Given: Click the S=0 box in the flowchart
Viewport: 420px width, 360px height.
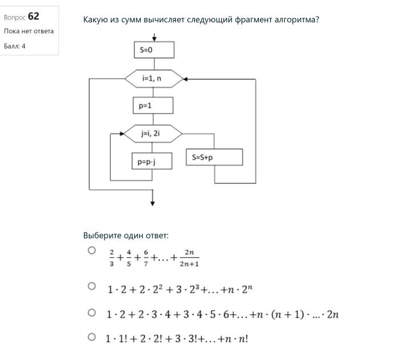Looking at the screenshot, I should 154,50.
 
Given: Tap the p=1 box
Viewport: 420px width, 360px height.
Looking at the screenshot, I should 153,106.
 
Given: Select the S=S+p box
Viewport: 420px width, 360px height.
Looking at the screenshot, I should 214,157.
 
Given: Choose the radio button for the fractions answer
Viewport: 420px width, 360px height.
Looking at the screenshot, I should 91,251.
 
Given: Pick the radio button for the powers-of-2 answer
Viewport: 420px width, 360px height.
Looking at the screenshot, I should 91,286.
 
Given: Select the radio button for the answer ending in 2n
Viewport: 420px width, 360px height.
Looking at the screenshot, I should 91,313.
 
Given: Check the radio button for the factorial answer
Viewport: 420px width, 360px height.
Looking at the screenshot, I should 91,337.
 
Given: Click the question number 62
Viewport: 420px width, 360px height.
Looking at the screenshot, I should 33,16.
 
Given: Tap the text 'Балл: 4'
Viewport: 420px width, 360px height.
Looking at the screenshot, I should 15,46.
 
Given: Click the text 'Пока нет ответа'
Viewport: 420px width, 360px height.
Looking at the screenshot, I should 29,31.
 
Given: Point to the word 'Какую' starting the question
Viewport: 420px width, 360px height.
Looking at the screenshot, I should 95,20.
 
